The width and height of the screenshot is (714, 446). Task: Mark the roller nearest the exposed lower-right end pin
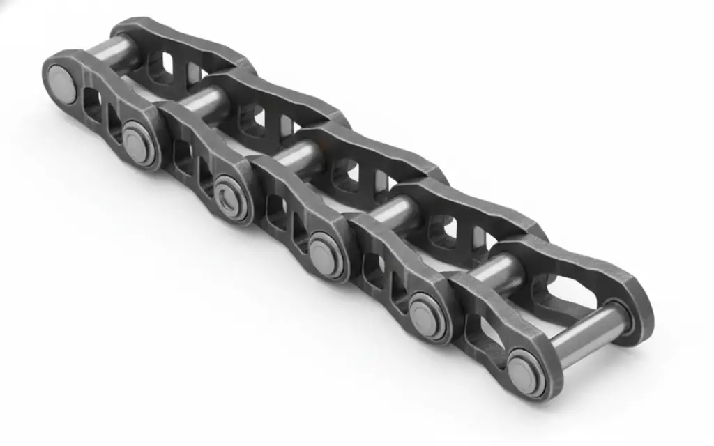(499, 272)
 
